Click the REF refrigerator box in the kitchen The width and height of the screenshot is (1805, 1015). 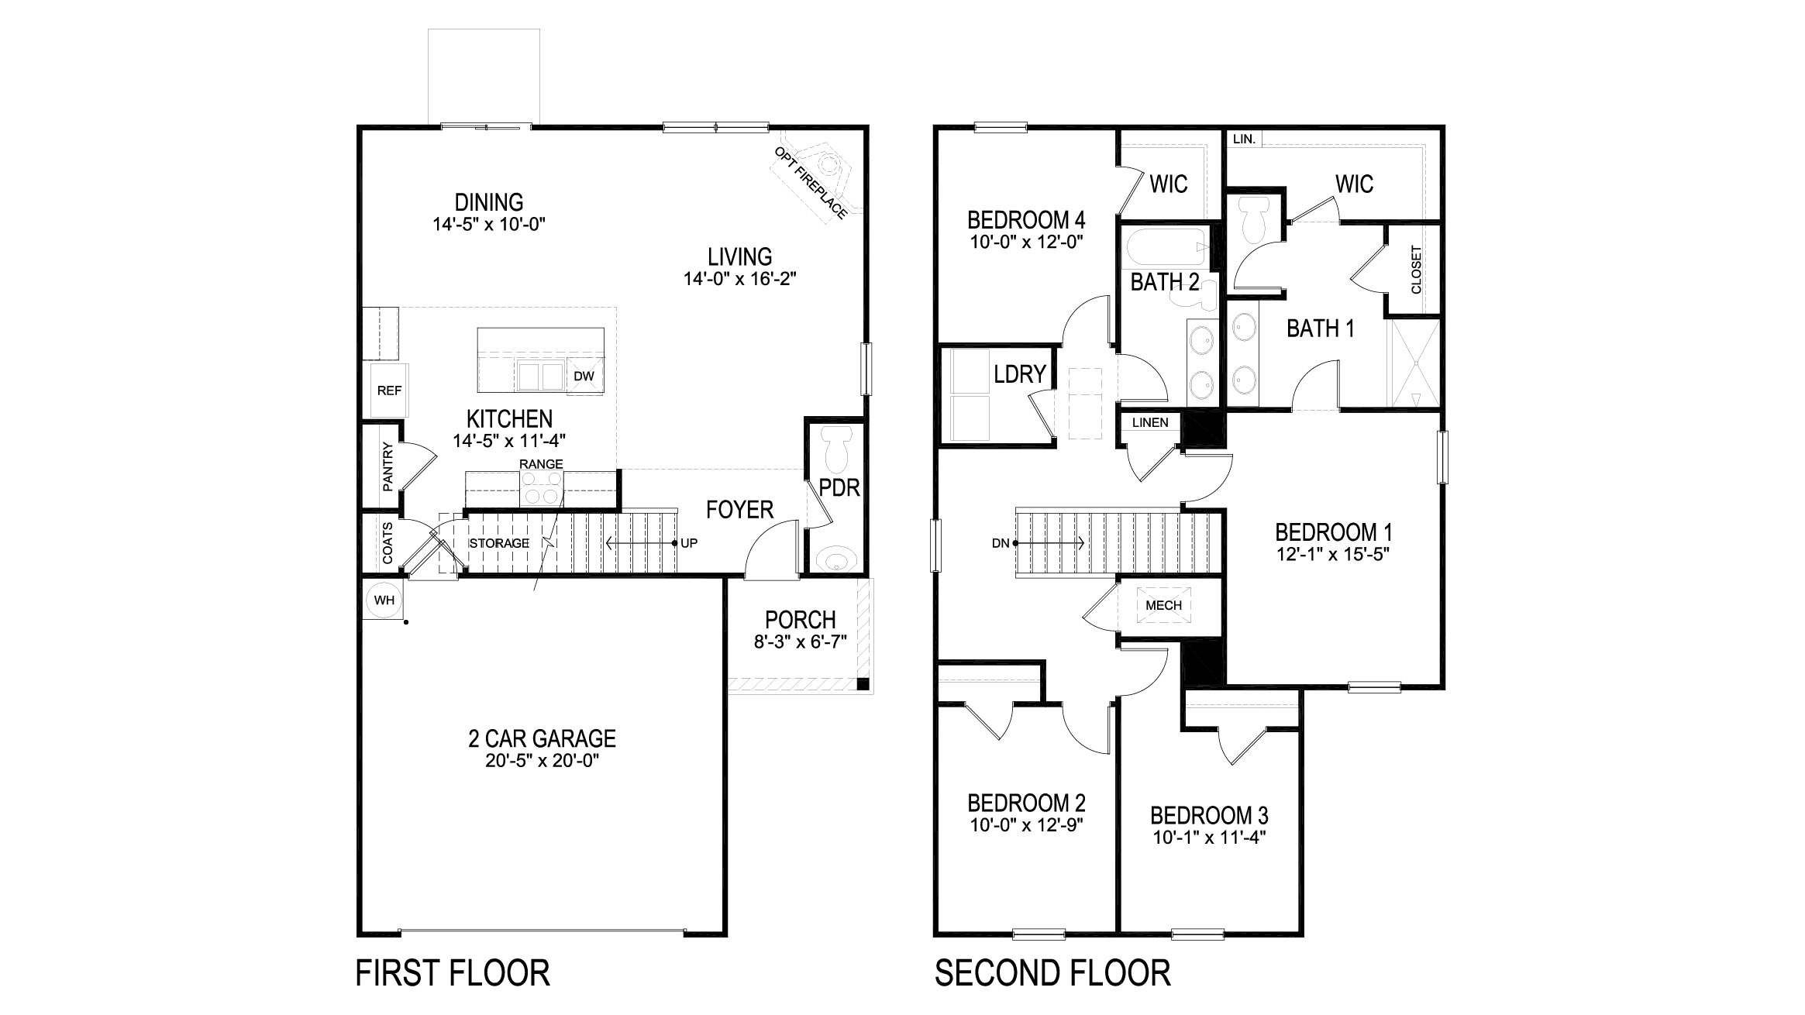pos(388,391)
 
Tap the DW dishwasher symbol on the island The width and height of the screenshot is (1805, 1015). pos(584,377)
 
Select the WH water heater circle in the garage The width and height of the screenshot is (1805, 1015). pos(384,600)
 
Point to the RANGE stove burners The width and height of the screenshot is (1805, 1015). pos(542,488)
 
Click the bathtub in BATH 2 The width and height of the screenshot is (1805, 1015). pos(1165,247)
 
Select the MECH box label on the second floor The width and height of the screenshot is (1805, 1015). pos(1163,605)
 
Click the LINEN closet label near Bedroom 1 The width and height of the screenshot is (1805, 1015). pos(1150,423)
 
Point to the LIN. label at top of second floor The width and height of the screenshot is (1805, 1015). pos(1243,139)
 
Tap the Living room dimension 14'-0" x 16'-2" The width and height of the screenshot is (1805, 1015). pos(740,279)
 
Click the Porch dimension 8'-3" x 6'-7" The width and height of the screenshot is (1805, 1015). pos(800,642)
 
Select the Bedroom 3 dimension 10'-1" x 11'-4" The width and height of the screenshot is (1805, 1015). pos(1208,838)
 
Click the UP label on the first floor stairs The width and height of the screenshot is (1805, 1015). pos(689,543)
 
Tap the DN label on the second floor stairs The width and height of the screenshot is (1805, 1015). pos(1000,543)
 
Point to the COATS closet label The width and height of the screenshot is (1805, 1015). pos(388,542)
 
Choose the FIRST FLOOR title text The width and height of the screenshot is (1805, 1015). pos(453,973)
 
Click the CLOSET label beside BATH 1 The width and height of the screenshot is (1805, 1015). pos(1416,270)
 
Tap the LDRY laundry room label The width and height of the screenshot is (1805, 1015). pos(1020,374)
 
